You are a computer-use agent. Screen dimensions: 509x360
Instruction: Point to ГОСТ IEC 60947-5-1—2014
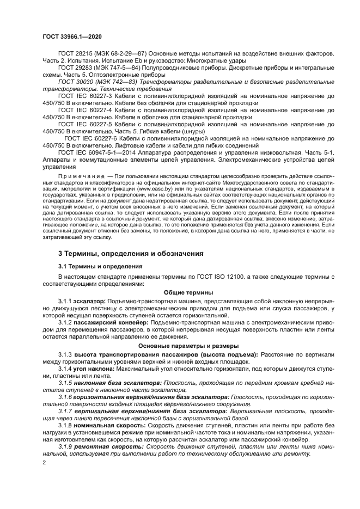click(x=98, y=152)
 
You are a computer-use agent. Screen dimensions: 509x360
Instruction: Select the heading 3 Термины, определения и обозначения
click(x=131, y=254)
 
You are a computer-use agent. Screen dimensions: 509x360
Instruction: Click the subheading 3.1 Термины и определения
click(x=100, y=266)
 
